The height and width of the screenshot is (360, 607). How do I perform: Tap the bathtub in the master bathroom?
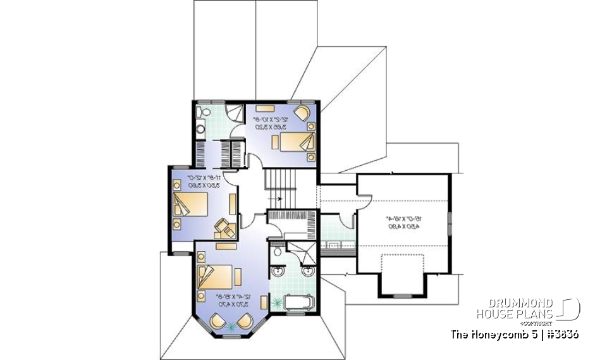298,303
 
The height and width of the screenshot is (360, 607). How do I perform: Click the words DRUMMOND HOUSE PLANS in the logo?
515,309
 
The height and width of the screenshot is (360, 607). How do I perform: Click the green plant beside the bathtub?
276,304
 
